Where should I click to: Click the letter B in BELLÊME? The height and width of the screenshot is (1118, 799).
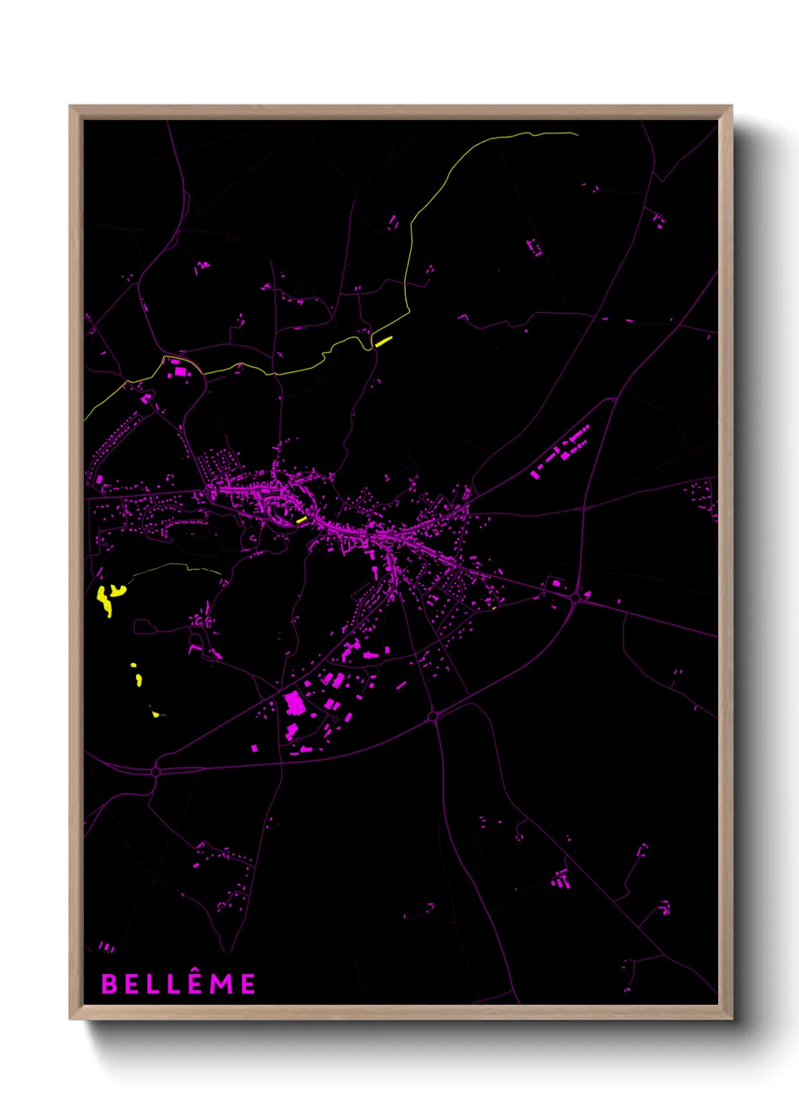tap(110, 984)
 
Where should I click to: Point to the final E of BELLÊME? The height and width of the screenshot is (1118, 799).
tap(248, 984)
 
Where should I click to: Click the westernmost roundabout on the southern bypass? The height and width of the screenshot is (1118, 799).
tap(156, 771)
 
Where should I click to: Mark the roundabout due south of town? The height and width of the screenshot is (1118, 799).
tap(433, 715)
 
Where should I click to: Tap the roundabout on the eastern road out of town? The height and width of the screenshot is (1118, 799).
tap(575, 598)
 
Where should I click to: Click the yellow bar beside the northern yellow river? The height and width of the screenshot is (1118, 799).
tap(384, 341)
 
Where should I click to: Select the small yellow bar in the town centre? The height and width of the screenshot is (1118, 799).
tap(301, 519)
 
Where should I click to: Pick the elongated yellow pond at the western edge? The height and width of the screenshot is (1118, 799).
tap(104, 601)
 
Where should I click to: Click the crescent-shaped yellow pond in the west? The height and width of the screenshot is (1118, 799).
tap(117, 589)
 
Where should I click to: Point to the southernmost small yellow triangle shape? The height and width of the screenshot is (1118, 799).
tap(156, 714)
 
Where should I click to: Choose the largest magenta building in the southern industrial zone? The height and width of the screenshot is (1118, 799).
tap(295, 705)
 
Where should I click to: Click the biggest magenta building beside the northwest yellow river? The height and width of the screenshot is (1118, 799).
tap(180, 371)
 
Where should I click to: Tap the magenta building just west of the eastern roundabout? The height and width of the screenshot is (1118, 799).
tap(557, 583)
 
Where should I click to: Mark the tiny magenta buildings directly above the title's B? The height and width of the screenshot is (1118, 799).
tap(106, 946)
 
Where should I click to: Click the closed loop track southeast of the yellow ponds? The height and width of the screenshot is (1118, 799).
tap(143, 626)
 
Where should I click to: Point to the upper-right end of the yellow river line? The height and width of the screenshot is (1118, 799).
tap(577, 134)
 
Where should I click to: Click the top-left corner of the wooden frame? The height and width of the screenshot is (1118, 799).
tap(70, 107)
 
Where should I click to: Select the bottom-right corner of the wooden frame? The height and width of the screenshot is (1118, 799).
tap(731, 1018)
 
